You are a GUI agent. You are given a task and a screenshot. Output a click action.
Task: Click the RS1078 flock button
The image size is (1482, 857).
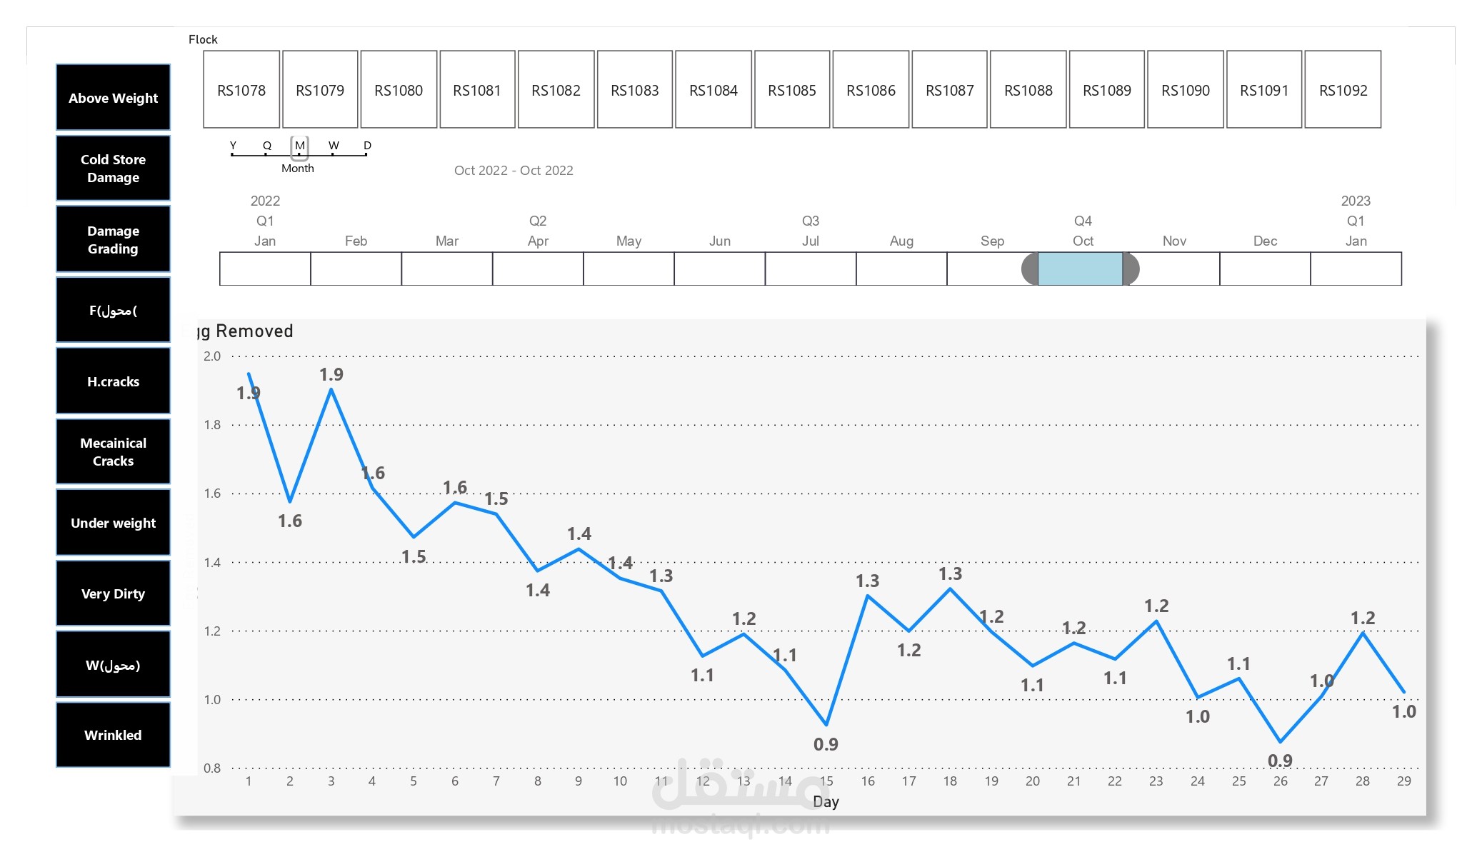point(241,90)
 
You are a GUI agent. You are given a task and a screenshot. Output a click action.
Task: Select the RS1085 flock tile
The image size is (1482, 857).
point(792,90)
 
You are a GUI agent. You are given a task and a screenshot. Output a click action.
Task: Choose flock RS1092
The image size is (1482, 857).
point(1343,90)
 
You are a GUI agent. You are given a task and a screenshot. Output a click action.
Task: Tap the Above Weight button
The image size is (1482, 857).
point(113,98)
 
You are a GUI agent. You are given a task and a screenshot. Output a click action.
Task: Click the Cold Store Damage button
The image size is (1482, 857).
point(113,169)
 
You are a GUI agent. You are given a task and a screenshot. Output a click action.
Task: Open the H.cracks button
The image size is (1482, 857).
point(113,381)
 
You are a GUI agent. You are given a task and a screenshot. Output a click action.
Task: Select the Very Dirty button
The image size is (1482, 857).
point(113,593)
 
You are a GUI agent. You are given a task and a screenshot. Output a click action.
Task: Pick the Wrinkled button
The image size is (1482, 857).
point(113,735)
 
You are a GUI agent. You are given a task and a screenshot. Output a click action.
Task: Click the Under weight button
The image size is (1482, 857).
point(113,523)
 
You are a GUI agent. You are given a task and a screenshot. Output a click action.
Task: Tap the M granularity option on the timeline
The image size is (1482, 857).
point(300,146)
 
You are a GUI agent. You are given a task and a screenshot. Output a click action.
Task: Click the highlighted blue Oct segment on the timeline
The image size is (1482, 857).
point(1080,269)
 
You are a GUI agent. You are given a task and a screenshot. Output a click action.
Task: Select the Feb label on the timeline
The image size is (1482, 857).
point(356,241)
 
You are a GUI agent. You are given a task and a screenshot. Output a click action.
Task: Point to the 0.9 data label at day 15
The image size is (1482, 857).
point(826,744)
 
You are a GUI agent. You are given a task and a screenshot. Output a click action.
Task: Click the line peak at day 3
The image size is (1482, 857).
point(331,389)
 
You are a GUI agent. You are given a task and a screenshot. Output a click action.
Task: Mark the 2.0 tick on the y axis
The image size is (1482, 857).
point(212,356)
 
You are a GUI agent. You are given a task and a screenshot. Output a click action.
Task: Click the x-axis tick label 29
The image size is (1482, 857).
point(1403,781)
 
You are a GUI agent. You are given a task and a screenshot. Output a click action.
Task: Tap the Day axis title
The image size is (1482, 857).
point(826,802)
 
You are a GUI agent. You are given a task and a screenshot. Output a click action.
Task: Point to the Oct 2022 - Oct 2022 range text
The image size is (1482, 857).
point(514,170)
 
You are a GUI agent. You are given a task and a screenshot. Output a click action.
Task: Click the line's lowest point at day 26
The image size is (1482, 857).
point(1280,741)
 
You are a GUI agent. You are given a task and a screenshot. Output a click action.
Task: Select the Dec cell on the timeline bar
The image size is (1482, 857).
point(1265,269)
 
